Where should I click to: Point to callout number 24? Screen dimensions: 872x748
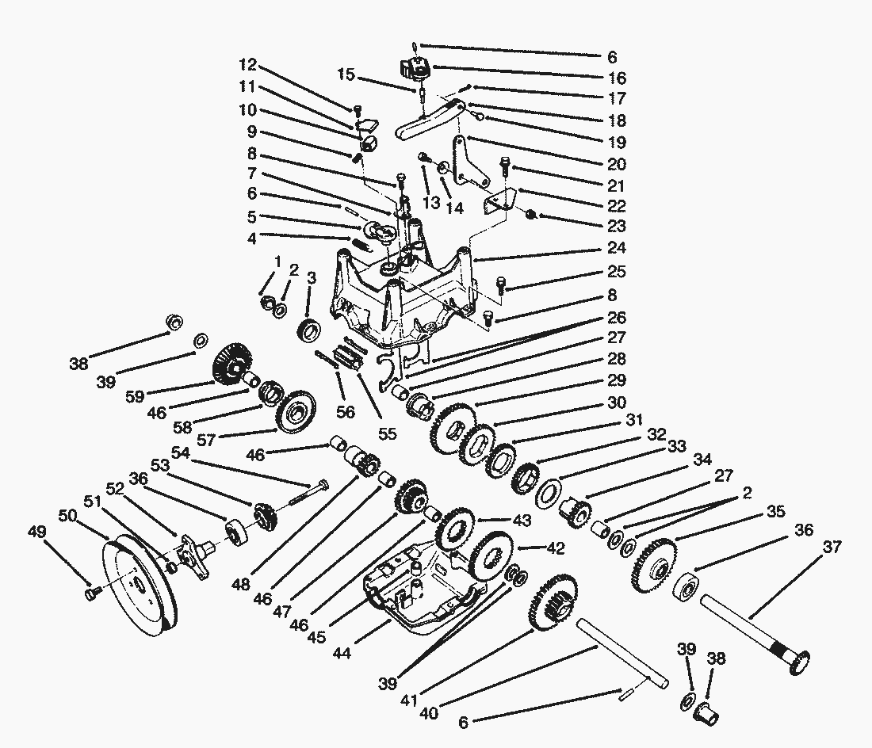point(616,247)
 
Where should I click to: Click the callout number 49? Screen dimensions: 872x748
point(37,532)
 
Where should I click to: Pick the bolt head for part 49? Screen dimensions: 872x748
point(92,595)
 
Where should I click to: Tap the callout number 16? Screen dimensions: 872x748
point(617,78)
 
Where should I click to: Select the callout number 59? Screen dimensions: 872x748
point(135,396)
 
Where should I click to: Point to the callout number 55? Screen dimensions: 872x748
point(388,433)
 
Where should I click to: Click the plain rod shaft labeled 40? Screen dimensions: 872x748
point(622,654)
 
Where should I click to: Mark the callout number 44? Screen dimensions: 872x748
point(342,652)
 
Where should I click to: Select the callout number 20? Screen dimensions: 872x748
point(616,164)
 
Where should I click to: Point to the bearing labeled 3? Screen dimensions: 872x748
point(309,330)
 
